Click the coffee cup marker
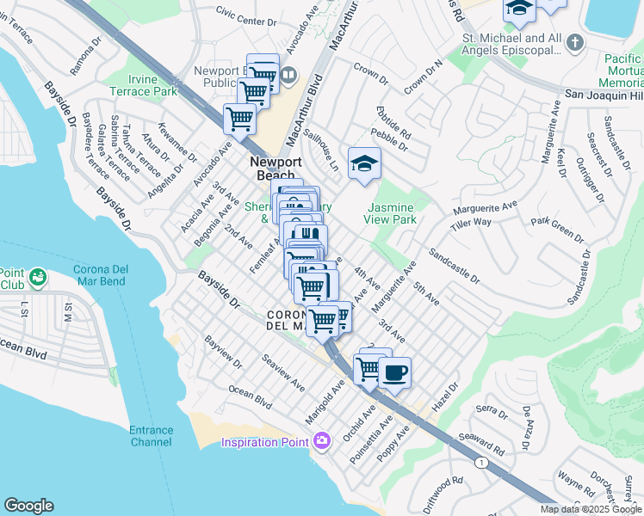394,373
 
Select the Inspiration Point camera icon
321,442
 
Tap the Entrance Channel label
151,436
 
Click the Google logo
28,506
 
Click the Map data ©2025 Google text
591,509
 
